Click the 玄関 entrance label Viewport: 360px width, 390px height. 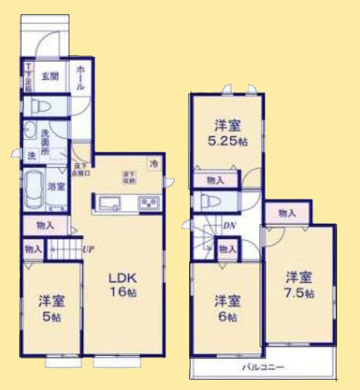click(50, 76)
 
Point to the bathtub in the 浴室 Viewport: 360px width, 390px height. click(32, 189)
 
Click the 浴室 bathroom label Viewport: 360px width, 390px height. click(56, 187)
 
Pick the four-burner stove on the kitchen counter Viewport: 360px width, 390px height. click(150, 204)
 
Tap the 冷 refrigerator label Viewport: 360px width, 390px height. click(153, 164)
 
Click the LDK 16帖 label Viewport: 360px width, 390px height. click(122, 285)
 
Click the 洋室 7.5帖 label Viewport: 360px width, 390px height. click(300, 285)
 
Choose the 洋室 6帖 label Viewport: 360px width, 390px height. click(227, 309)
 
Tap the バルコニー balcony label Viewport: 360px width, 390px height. click(264, 367)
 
